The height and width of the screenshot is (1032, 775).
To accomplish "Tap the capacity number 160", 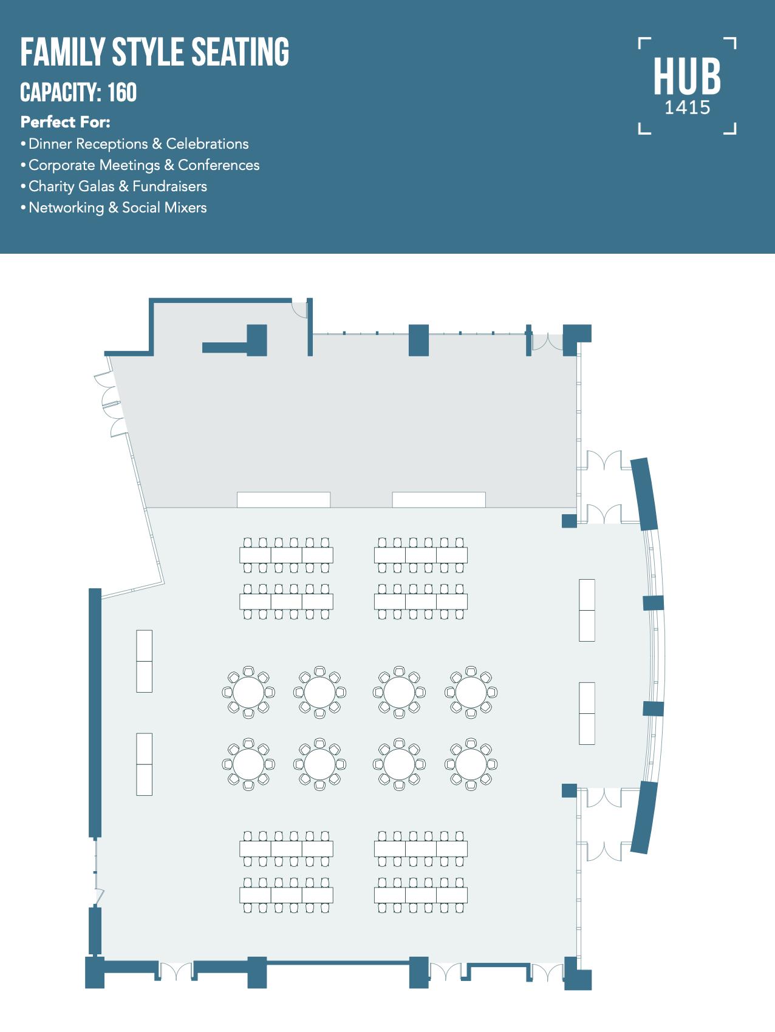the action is [x=122, y=93].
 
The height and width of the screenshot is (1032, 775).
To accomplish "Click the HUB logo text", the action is [x=687, y=76].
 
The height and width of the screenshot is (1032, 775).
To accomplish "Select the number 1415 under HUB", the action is [x=687, y=108].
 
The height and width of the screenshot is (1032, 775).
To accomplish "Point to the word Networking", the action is [x=66, y=208].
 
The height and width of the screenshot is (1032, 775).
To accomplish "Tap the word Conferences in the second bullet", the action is [x=219, y=165].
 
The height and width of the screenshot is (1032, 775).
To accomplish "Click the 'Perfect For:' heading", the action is [x=65, y=122].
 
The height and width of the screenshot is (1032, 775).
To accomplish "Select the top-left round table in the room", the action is [x=248, y=692].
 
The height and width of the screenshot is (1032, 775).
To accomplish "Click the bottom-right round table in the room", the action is [x=471, y=764].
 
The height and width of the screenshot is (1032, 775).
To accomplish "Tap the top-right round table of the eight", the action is [x=471, y=692].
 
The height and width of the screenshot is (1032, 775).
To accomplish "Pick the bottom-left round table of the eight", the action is [x=248, y=764].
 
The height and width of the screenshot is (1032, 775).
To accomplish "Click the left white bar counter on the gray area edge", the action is [x=284, y=500].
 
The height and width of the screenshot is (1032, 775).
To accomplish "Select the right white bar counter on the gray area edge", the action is [x=439, y=500].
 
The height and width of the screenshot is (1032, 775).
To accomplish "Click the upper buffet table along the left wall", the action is [x=144, y=661].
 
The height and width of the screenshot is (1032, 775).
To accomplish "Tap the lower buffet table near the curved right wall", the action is [x=587, y=713].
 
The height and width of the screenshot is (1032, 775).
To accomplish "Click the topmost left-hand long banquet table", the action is [x=286, y=555].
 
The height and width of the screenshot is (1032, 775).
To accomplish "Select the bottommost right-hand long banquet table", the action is [x=421, y=895].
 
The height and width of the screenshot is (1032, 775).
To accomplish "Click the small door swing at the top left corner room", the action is [x=299, y=309].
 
